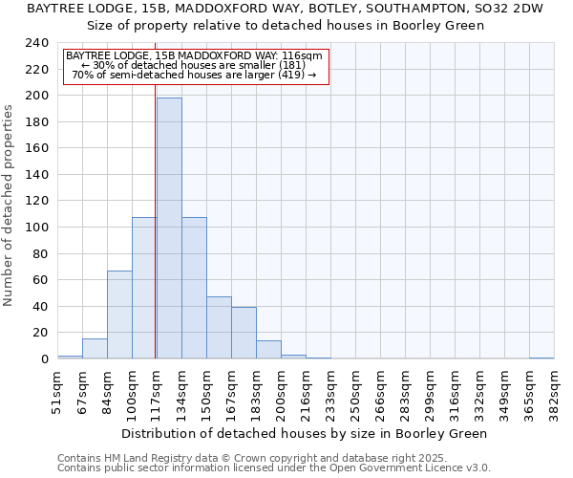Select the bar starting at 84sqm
coord(119,315)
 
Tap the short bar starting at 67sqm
coord(95,349)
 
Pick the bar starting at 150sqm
coord(219,328)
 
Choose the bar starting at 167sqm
coord(244,333)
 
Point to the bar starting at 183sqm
coord(268,350)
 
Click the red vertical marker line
coord(156,239)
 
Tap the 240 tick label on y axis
coord(36,43)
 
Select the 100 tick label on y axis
coord(36,228)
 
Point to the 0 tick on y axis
coord(44,359)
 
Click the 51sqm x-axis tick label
coord(57,389)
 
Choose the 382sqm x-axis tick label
coord(554,389)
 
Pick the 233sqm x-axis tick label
coord(330,389)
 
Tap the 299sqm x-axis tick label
coord(430,389)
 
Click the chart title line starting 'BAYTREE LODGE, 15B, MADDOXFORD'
coord(284,9)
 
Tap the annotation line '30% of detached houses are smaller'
coord(195,65)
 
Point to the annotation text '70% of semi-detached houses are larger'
coord(195,75)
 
